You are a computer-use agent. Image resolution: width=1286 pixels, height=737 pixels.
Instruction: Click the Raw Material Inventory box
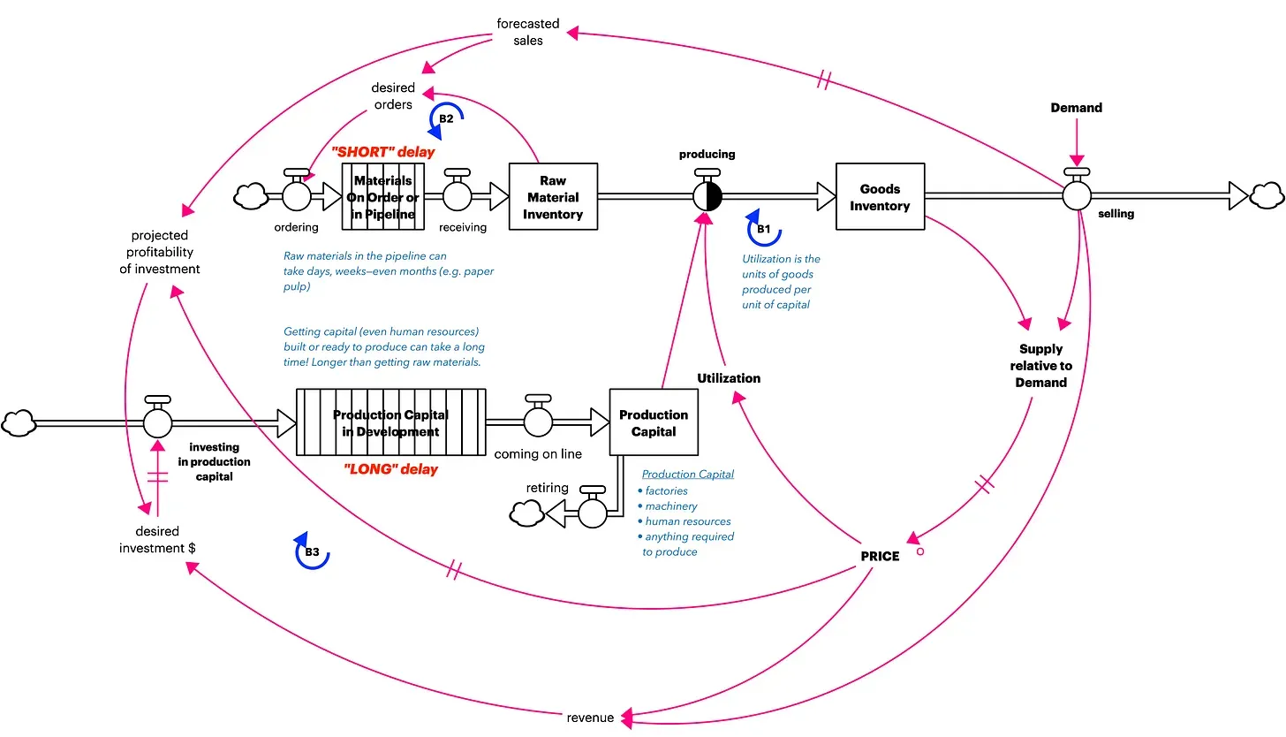pos(553,197)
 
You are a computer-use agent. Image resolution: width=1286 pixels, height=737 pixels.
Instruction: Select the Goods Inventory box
pos(880,197)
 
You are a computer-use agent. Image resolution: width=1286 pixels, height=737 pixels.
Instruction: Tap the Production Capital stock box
pos(654,423)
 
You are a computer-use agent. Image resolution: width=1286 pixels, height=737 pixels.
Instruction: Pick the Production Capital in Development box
pos(390,423)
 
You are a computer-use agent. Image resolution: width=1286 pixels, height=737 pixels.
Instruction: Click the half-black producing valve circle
pos(707,196)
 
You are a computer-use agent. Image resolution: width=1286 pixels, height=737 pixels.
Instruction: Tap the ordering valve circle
pos(297,196)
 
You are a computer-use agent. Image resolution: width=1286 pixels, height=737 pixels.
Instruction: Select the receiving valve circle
pos(457,196)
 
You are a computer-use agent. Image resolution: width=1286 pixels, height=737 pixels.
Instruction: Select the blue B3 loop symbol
pos(311,552)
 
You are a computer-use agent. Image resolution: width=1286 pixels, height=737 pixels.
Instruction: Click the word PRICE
pos(880,557)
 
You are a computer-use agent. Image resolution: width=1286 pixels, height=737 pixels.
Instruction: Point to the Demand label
pos(1076,108)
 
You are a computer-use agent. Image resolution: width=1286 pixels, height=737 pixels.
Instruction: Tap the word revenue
pos(590,718)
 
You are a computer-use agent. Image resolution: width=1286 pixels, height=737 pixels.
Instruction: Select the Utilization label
pos(728,378)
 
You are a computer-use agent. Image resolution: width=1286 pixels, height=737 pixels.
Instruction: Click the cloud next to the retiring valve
pos(528,512)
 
